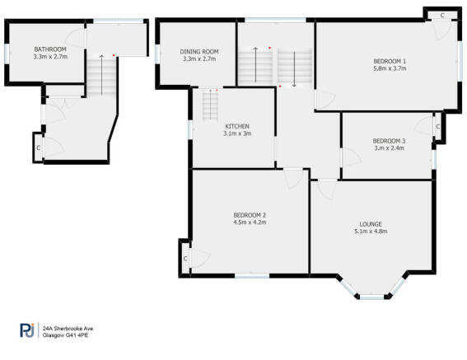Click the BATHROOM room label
(x=50, y=49)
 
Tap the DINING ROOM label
(x=199, y=52)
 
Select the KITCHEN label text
(x=237, y=126)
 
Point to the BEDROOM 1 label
(x=390, y=62)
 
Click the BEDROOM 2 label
(x=250, y=215)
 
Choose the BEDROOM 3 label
(x=389, y=141)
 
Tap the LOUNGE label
(x=371, y=224)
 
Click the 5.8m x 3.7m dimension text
(x=390, y=68)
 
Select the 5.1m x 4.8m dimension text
(x=371, y=231)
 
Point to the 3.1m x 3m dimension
(x=237, y=133)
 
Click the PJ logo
(x=27, y=330)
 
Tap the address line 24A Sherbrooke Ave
(x=68, y=329)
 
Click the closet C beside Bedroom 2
(x=185, y=259)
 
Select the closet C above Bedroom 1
(x=442, y=16)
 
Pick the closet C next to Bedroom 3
(x=438, y=127)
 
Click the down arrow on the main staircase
(x=294, y=69)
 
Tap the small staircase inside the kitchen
(x=210, y=105)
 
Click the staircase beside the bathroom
(x=101, y=76)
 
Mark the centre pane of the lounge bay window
(x=372, y=297)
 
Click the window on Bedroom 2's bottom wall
(x=252, y=276)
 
